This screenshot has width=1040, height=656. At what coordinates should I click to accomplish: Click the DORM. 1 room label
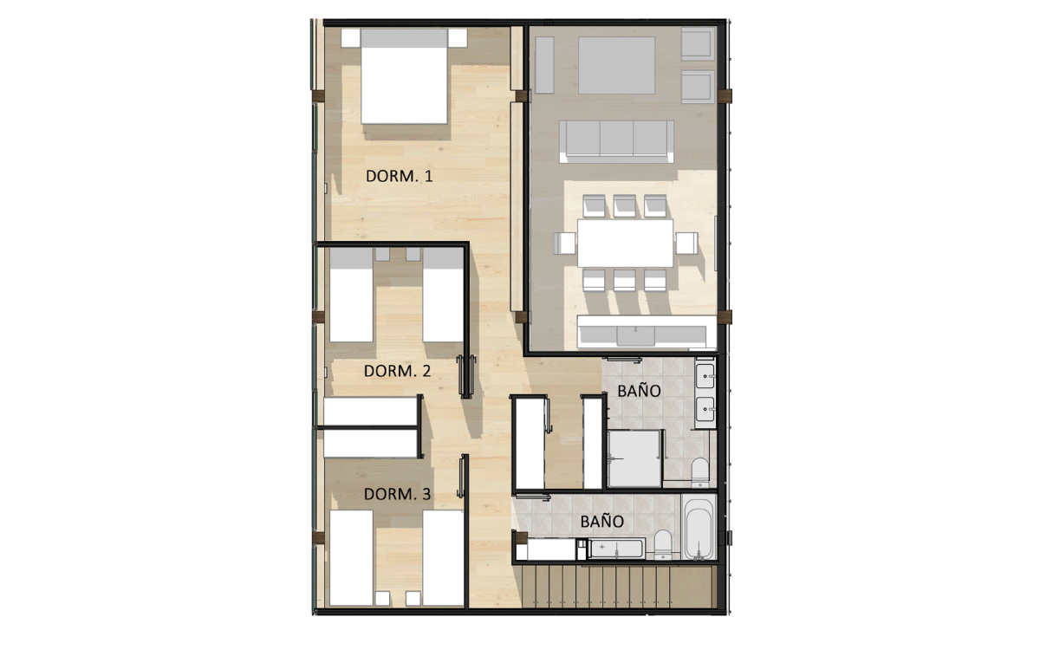399,176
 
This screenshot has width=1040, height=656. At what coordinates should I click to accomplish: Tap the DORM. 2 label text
397,371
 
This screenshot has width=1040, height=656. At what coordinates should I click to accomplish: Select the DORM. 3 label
397,494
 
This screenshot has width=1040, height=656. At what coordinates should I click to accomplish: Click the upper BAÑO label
639,391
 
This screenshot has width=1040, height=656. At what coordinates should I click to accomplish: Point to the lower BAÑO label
601,522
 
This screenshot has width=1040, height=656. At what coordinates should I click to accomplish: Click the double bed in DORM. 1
404,76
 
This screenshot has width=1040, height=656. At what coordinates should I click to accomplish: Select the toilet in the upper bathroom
699,472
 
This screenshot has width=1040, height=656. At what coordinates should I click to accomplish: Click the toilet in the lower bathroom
662,545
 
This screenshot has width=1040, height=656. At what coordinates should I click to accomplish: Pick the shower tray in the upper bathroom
634,458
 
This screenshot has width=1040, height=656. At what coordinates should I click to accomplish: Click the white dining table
625,244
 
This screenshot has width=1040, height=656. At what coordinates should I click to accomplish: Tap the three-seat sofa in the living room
616,141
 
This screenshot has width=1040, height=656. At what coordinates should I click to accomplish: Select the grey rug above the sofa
616,65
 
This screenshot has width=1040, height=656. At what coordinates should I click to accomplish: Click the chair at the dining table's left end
565,244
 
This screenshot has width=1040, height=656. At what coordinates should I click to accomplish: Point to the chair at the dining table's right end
686,244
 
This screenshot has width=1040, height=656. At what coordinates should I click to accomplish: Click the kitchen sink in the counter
635,335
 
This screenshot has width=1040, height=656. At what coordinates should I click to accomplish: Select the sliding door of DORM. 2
465,376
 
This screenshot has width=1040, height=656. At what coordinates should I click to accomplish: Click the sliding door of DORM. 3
462,477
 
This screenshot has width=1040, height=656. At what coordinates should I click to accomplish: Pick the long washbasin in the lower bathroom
616,549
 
